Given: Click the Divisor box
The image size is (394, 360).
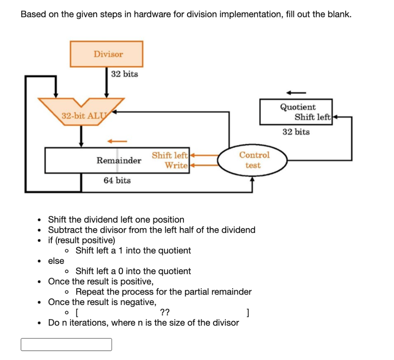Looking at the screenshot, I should click(107, 54).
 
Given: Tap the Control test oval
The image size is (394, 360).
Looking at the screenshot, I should click(253, 160).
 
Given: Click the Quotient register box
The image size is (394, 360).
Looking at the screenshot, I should click(295, 112).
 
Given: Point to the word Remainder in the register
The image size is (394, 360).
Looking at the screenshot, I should click(119, 160).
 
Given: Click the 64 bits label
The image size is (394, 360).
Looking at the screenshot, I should click(117, 180).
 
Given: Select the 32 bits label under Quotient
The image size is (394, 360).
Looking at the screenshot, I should click(296, 132).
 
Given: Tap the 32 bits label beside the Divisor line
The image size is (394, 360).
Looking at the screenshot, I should click(124, 74).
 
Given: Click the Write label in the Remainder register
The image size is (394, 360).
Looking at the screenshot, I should click(176, 166).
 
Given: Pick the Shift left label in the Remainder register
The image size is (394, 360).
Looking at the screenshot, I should click(170, 155).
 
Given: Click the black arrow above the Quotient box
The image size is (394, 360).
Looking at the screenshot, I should click(296, 92).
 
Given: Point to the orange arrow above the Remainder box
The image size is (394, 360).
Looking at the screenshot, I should click(117, 141).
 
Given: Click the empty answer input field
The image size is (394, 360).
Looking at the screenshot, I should click(66, 345).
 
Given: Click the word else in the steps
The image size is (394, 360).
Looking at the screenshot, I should click(56, 261).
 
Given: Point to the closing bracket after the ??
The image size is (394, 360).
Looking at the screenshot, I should click(249, 312).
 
